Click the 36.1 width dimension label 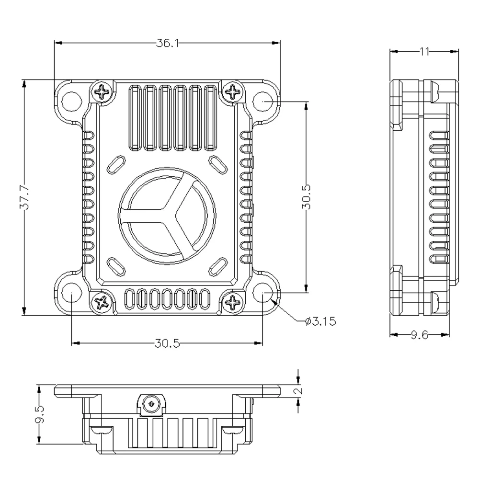pyautogui.click(x=167, y=43)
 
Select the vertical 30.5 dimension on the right pyautogui.click(x=307, y=197)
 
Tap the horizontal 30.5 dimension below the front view pyautogui.click(x=167, y=343)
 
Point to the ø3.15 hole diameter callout pyautogui.click(x=320, y=321)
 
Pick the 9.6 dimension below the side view pyautogui.click(x=420, y=335)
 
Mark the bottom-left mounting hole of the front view pyautogui.click(x=71, y=293)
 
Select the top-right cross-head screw pyautogui.click(x=233, y=91)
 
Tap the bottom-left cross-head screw pyautogui.click(x=102, y=302)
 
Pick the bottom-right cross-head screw pyautogui.click(x=233, y=302)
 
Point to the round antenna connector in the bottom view pyautogui.click(x=152, y=403)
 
